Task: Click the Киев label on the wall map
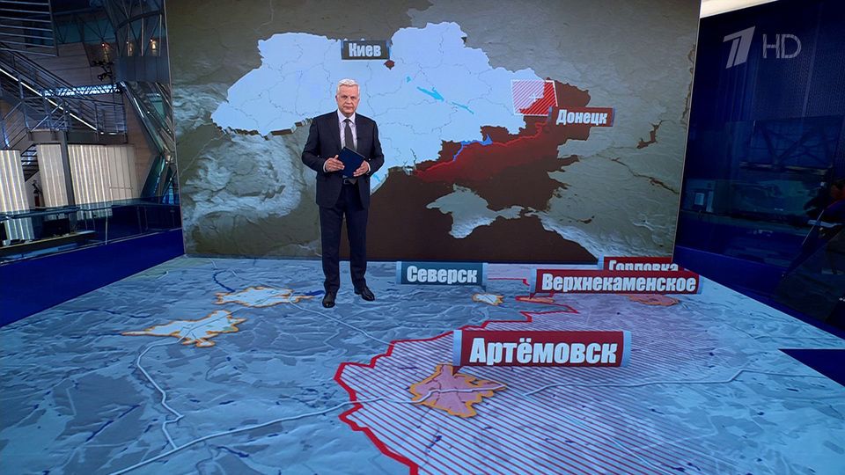364,50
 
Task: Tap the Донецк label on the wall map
582,116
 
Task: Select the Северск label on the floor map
441,274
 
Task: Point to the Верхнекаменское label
616,283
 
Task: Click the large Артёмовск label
541,349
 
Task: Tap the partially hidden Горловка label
640,263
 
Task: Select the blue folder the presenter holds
351,162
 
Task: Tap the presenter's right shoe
329,299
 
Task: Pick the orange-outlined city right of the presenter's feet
488,299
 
